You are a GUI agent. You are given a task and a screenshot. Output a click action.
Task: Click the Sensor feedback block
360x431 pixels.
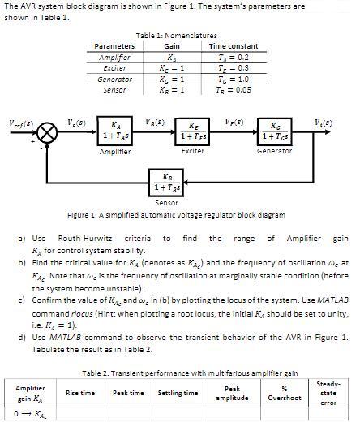pos(166,183)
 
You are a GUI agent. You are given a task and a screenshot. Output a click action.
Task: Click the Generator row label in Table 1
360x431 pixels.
pos(114,80)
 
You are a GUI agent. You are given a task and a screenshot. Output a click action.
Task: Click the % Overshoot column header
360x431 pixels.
pos(285,393)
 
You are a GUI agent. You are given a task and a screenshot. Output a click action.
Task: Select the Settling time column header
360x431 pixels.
pos(178,393)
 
